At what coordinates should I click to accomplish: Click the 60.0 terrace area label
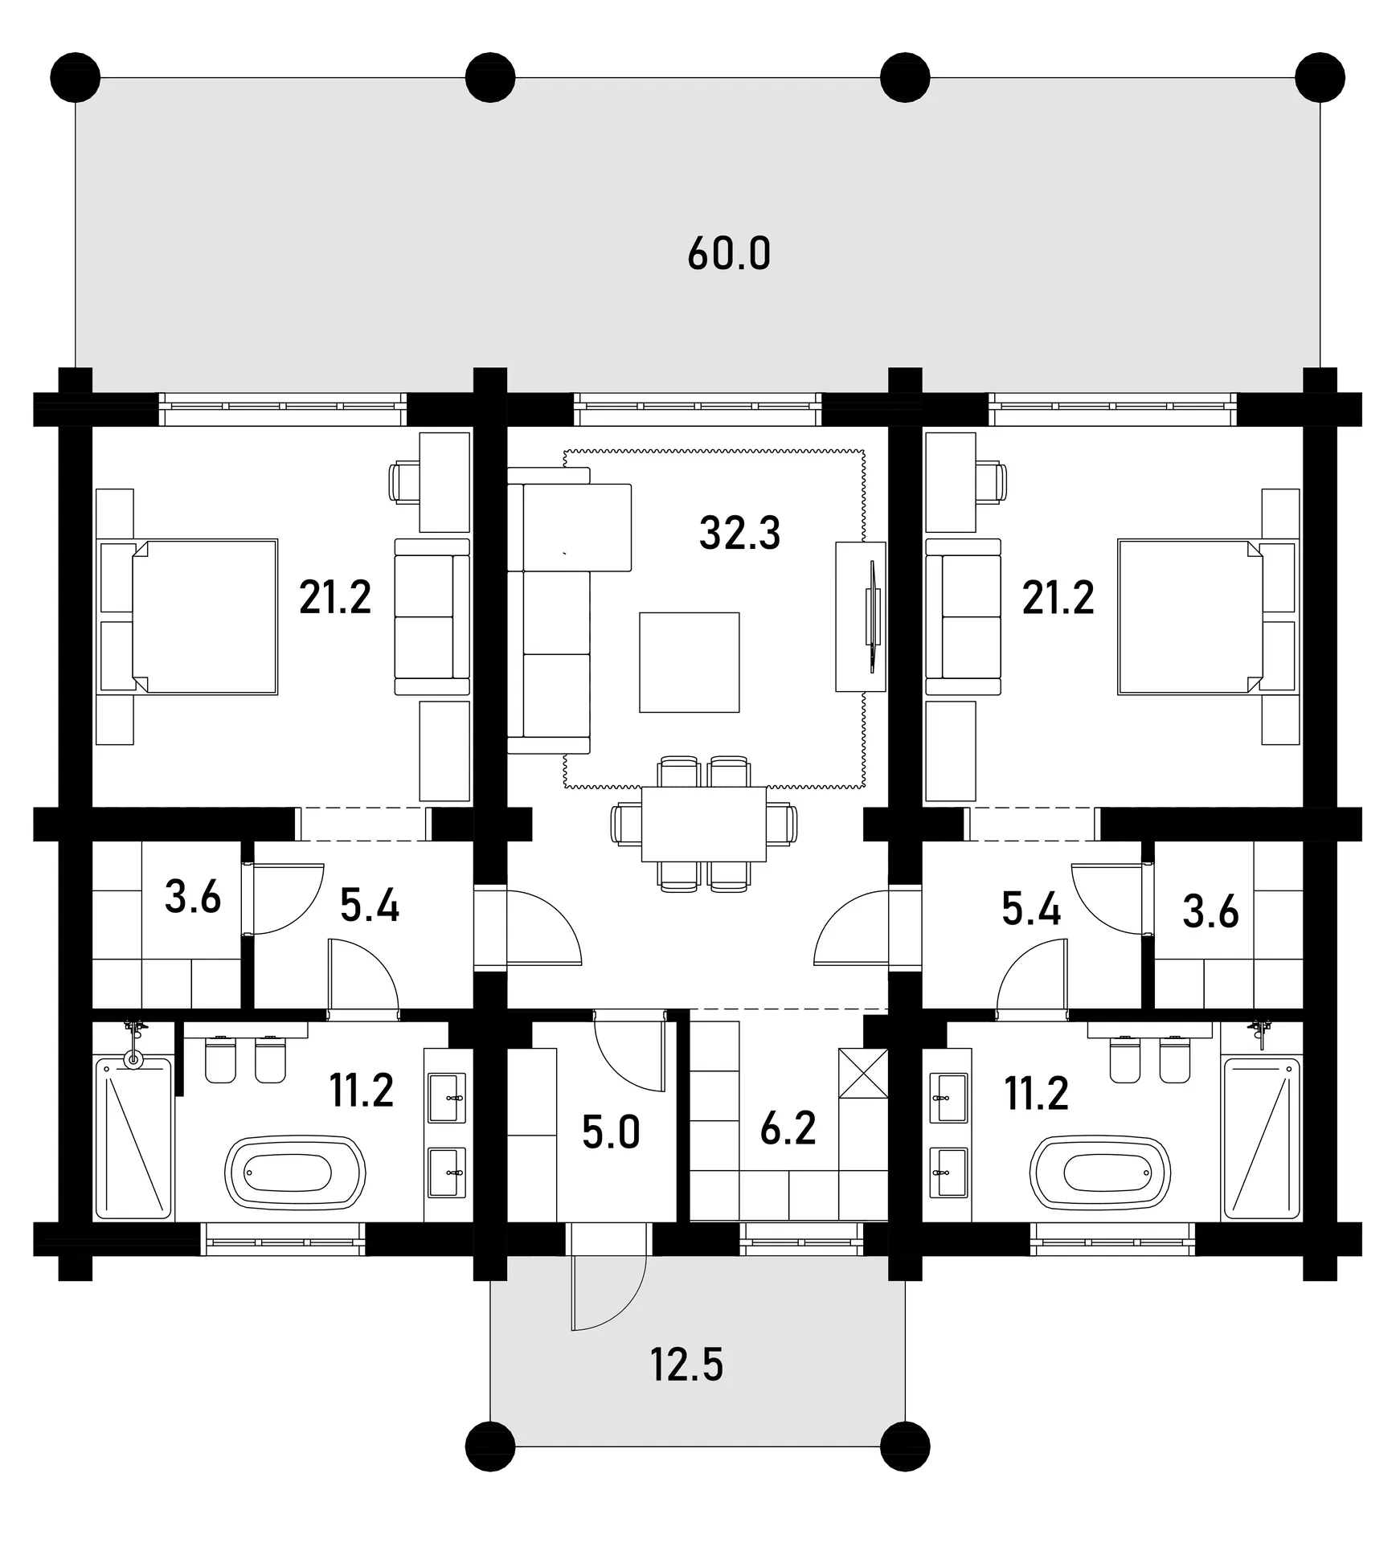pyautogui.click(x=729, y=254)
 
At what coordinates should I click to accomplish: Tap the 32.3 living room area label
pyautogui.click(x=739, y=532)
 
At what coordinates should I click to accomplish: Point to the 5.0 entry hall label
pyautogui.click(x=611, y=1133)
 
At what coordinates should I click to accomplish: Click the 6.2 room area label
pyautogui.click(x=788, y=1128)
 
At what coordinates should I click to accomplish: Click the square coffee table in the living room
pyautogui.click(x=689, y=662)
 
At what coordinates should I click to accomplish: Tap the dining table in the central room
pyautogui.click(x=704, y=824)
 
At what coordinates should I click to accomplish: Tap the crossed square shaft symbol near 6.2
pyautogui.click(x=862, y=1073)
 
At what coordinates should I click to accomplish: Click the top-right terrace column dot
pyautogui.click(x=1320, y=78)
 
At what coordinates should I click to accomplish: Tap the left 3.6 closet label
pyautogui.click(x=193, y=897)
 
